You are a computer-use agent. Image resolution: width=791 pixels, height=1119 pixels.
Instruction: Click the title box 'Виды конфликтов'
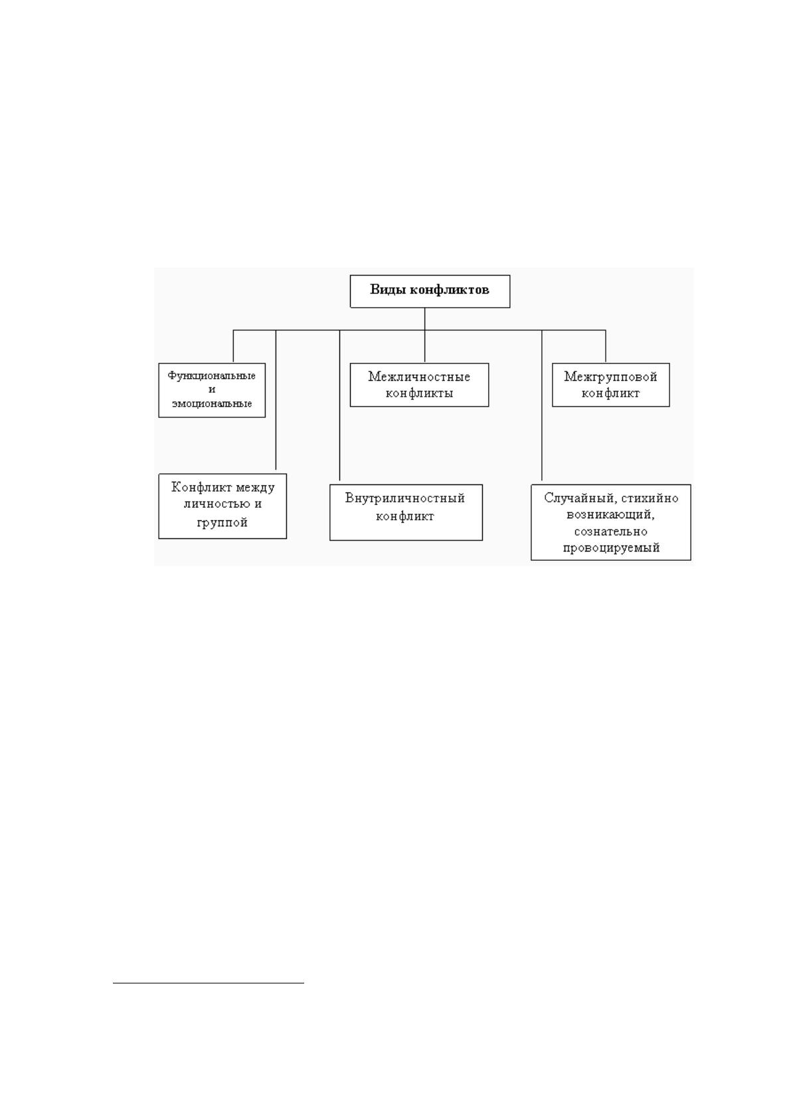(430, 291)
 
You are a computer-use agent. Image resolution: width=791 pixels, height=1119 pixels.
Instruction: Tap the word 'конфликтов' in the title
(450, 290)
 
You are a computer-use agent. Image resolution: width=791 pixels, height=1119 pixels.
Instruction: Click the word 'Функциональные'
(212, 375)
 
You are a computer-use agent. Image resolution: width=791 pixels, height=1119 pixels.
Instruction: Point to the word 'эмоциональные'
(212, 403)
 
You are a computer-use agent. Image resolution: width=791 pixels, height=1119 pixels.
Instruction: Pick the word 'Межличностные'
(419, 377)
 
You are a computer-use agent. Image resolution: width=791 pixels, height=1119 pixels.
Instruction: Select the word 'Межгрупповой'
(610, 377)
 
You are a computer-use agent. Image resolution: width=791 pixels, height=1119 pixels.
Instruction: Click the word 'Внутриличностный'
(405, 498)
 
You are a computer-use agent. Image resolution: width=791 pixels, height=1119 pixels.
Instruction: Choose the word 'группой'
(222, 523)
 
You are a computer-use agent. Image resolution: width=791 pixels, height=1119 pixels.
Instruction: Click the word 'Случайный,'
(580, 498)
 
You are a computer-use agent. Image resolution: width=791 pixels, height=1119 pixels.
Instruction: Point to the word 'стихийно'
(650, 498)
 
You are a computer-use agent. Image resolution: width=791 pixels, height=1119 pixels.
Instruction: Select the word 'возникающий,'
(610, 514)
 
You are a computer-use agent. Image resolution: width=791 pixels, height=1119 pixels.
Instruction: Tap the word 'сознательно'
(610, 532)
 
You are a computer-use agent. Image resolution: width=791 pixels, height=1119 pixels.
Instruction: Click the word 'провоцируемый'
(611, 548)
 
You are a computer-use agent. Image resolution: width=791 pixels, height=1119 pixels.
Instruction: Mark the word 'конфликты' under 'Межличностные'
(419, 393)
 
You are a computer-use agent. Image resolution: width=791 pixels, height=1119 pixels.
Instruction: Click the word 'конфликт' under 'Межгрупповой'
(610, 393)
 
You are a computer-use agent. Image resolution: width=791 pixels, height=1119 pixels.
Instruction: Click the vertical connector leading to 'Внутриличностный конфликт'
(339, 405)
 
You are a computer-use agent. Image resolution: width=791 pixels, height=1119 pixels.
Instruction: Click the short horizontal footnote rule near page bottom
(209, 983)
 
